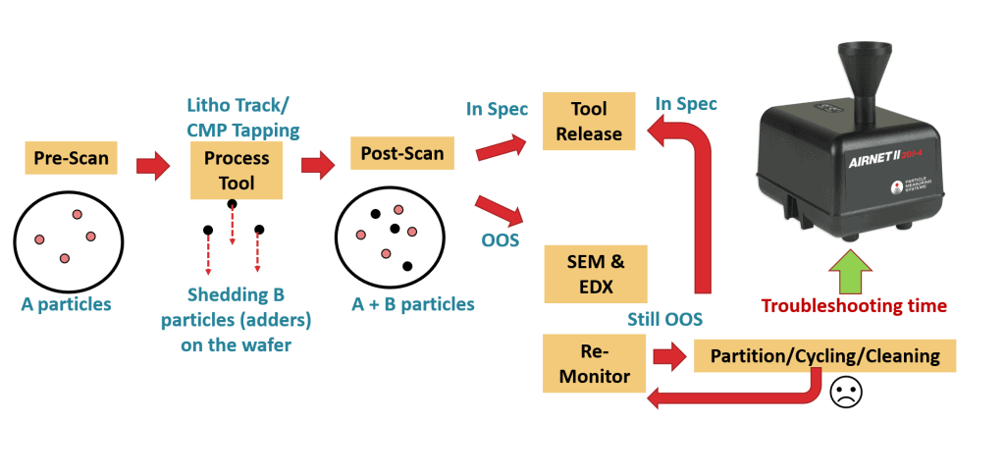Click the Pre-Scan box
pyautogui.click(x=72, y=158)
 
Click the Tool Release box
pyautogui.click(x=589, y=122)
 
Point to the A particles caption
pyautogui.click(x=67, y=304)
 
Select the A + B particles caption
pyautogui.click(x=412, y=304)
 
